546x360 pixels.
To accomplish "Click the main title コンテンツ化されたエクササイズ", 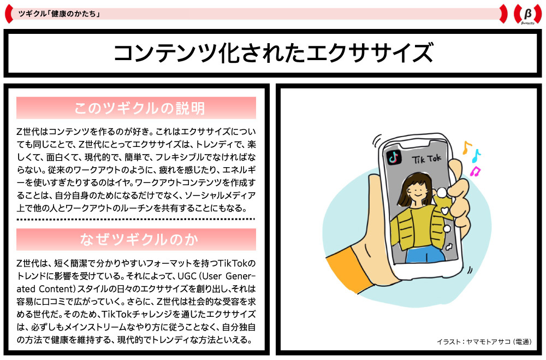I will (x=272, y=53).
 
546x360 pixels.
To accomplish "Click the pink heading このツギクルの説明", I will (x=136, y=108).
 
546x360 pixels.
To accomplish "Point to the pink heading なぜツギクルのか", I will (x=136, y=239).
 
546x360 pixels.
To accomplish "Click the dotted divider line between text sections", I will (x=136, y=219).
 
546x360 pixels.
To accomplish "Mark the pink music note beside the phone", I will (x=475, y=172).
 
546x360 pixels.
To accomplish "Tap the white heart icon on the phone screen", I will (x=446, y=210).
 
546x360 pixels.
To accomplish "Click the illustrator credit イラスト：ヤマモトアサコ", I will (x=484, y=341).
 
